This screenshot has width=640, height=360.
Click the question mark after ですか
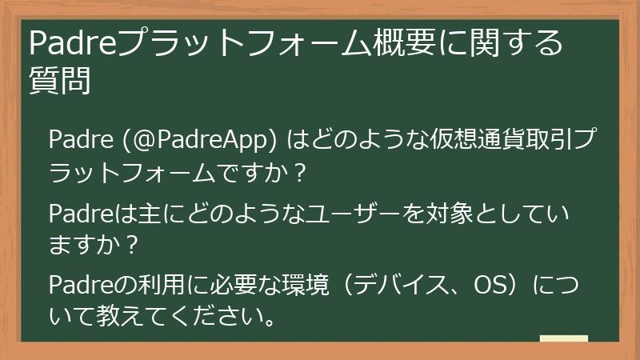click(x=298, y=172)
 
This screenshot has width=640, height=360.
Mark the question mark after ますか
click(x=132, y=245)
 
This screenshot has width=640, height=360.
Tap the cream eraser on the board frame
click(x=563, y=338)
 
